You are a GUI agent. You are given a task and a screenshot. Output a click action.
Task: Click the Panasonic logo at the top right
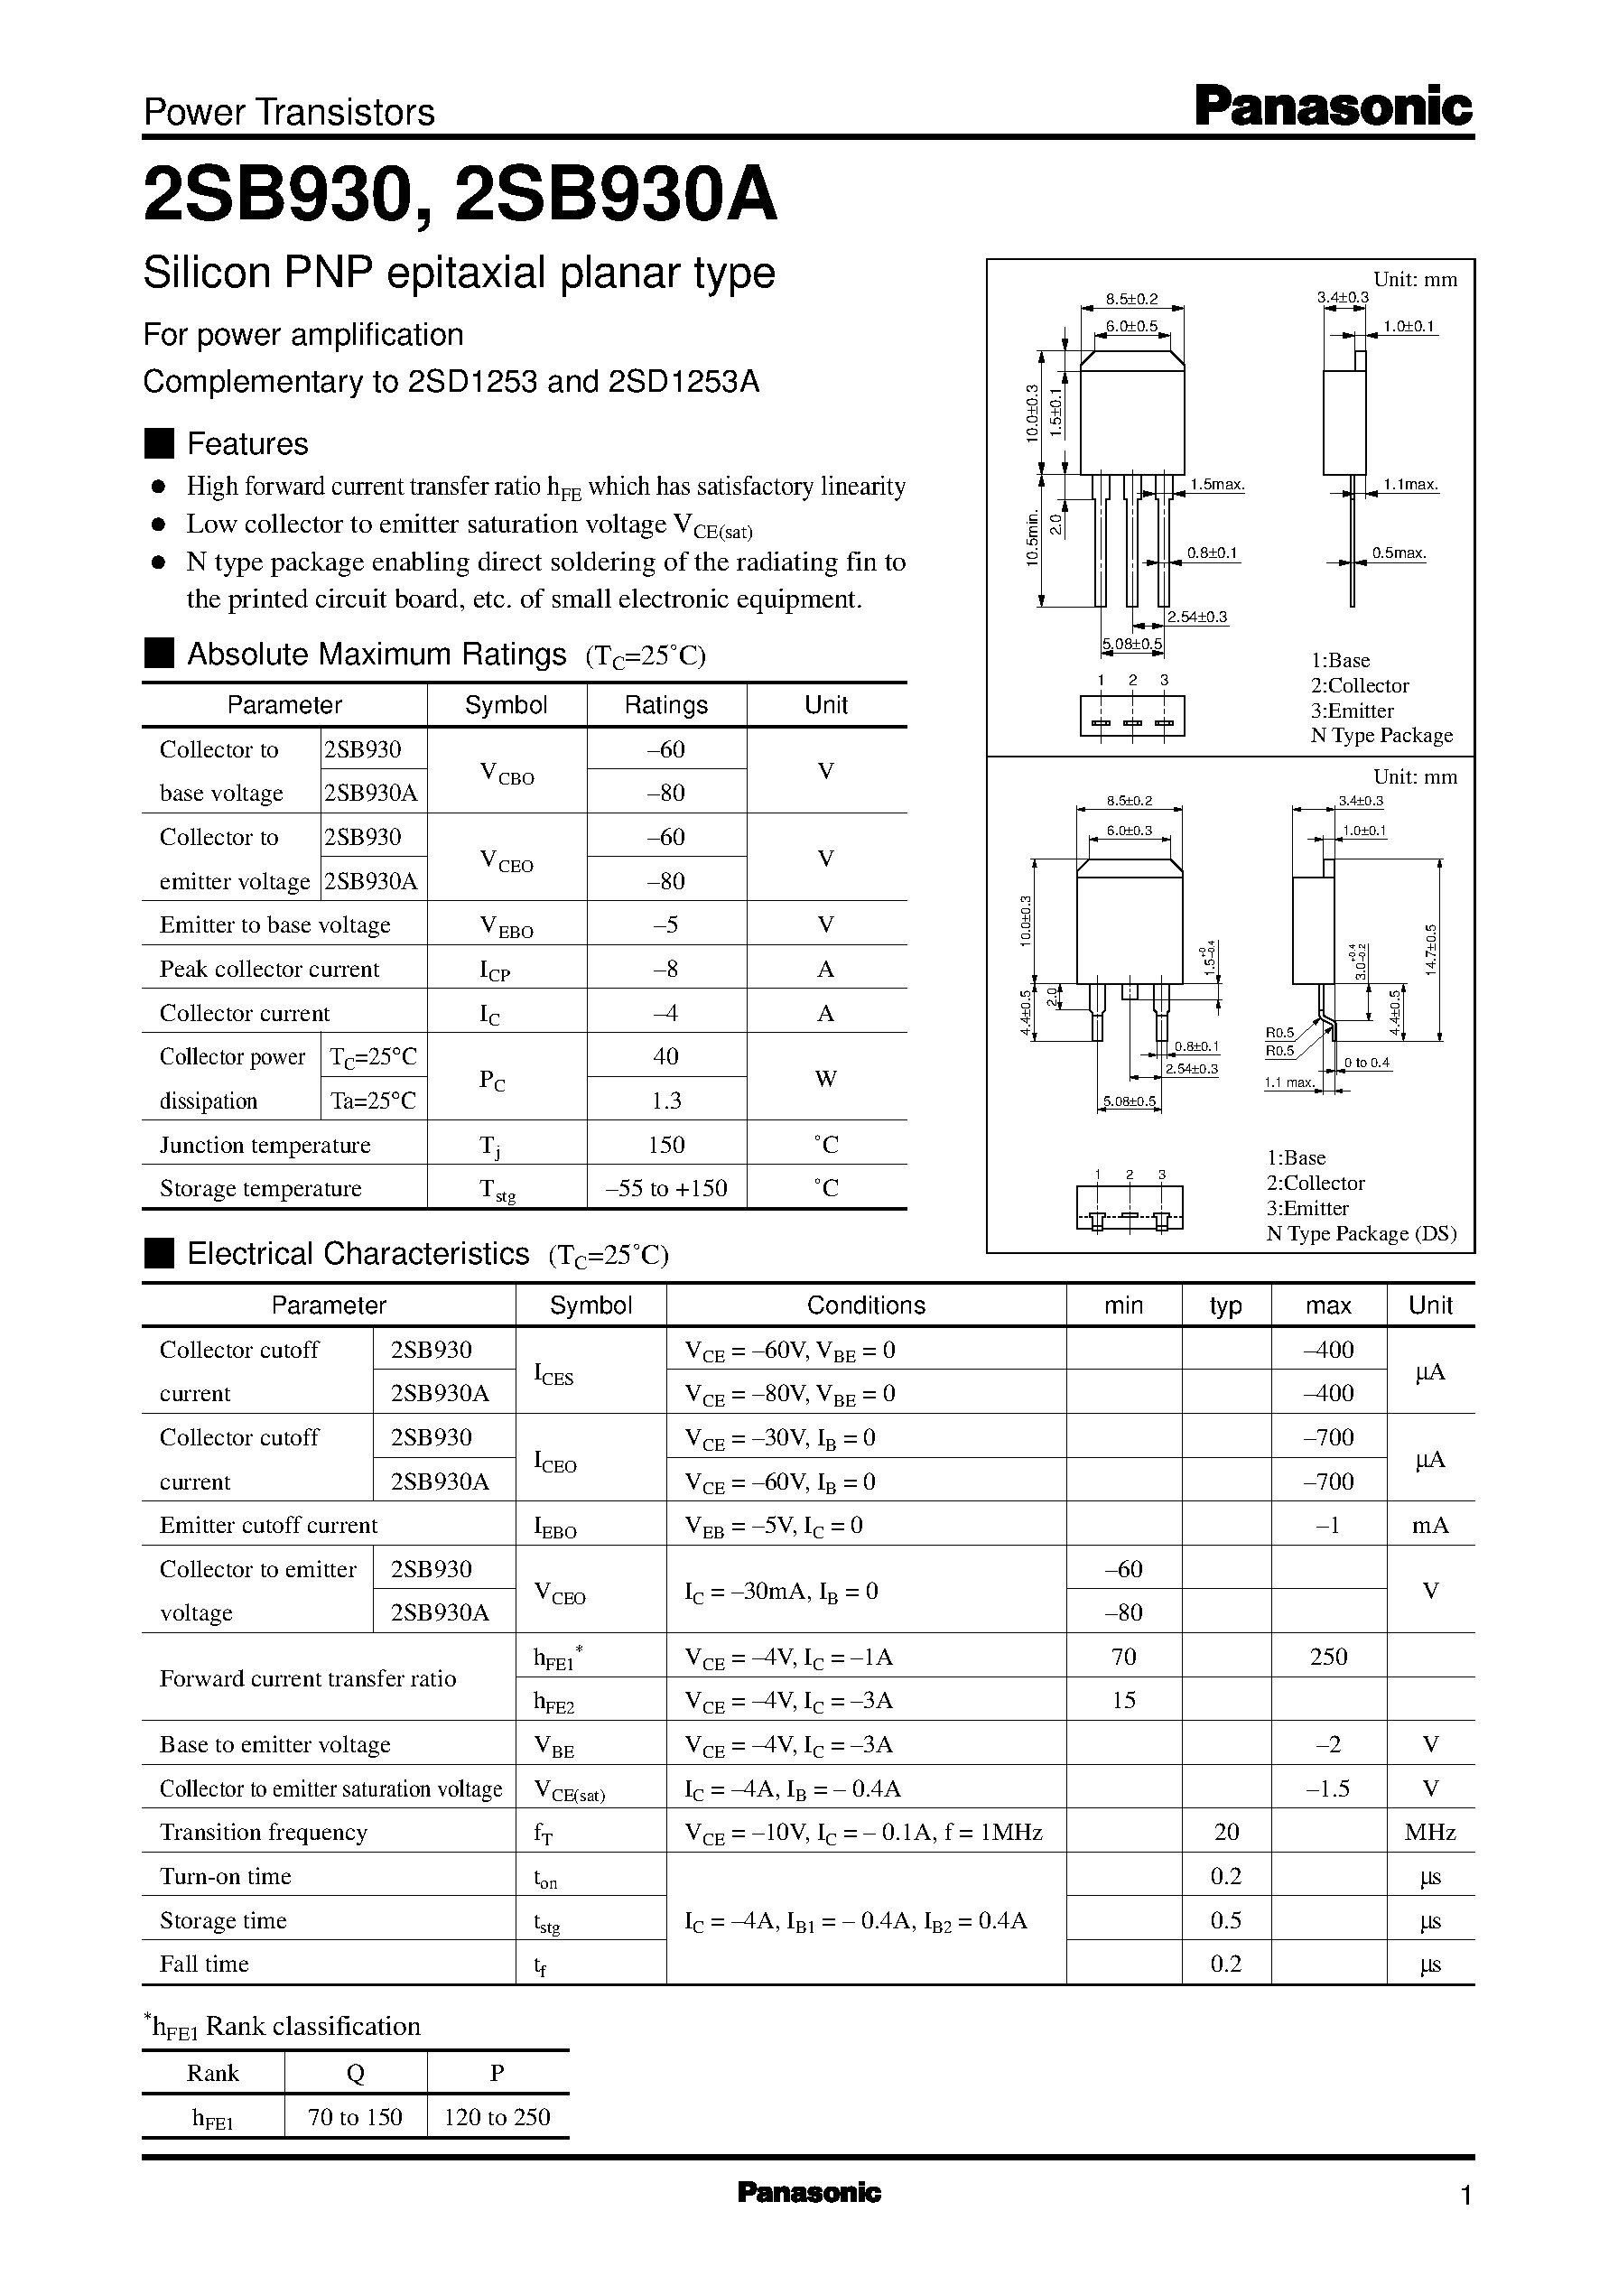click(x=1332, y=107)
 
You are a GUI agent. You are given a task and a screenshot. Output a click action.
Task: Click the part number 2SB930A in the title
click(x=616, y=195)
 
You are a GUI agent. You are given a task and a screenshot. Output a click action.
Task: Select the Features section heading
click(x=247, y=443)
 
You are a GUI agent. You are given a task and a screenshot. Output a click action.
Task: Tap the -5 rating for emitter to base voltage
click(x=665, y=924)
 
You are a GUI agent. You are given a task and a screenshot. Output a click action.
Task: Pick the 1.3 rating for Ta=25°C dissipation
click(x=665, y=1100)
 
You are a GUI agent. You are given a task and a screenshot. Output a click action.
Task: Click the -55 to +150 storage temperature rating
click(x=665, y=1187)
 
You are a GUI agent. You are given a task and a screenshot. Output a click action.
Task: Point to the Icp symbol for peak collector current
click(x=494, y=971)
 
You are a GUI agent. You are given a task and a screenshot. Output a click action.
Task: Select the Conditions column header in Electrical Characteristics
click(x=865, y=1305)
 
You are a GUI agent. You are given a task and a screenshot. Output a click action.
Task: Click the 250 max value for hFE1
click(x=1328, y=1657)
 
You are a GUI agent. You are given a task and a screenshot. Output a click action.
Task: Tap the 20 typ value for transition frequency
click(x=1225, y=1832)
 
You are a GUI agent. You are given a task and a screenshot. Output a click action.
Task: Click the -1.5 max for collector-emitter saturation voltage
click(x=1328, y=1788)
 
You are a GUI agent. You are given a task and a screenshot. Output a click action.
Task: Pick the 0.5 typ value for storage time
click(x=1225, y=1920)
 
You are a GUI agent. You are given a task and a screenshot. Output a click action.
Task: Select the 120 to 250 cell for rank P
click(x=497, y=2117)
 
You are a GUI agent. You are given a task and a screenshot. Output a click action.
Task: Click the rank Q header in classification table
click(x=355, y=2073)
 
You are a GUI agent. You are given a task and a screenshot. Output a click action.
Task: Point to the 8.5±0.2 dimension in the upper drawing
click(x=1130, y=298)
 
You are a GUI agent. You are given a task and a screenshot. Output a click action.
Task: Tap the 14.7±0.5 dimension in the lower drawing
click(x=1432, y=951)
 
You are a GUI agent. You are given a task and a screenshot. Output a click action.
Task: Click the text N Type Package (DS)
click(x=1361, y=1233)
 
